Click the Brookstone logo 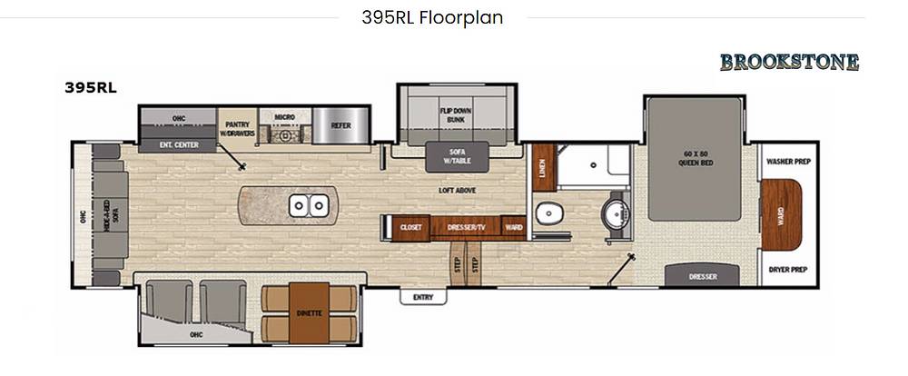click(789, 62)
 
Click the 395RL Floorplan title click(432, 17)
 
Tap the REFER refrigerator click(340, 125)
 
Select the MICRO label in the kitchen click(285, 117)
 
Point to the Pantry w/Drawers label click(237, 129)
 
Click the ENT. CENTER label click(178, 144)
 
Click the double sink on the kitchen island click(309, 205)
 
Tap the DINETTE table click(310, 312)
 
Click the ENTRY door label click(423, 297)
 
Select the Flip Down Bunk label click(456, 114)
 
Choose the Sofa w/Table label click(457, 156)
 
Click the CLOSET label click(411, 228)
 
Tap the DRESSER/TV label click(466, 228)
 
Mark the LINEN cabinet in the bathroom click(544, 167)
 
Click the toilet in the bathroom click(548, 213)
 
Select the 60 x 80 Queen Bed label click(695, 158)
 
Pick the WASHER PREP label click(788, 162)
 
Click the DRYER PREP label click(788, 270)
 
